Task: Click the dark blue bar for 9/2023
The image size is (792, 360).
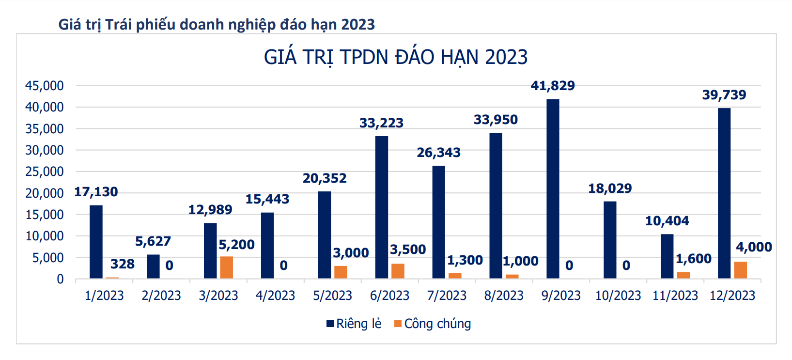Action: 553,189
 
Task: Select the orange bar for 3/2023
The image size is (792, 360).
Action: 226,267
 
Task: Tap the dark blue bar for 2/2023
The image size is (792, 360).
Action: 153,266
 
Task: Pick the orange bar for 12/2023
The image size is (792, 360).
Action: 741,270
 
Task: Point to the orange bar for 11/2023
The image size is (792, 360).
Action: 683,275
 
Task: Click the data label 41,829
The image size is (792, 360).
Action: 553,86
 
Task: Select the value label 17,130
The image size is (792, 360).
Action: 96,192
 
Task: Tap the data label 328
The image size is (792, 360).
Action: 122,264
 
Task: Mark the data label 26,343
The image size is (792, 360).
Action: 439,153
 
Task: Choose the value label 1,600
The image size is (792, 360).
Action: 694,259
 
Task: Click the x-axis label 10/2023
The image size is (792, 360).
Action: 618,296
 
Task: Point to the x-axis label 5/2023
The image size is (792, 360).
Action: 333,296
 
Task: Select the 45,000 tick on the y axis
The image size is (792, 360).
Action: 45,86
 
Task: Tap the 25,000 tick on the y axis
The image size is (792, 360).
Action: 45,172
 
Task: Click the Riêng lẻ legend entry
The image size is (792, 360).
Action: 354,324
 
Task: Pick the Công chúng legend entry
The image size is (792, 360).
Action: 433,324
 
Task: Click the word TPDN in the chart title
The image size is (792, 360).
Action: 364,57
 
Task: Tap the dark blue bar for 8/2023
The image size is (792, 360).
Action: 496,205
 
